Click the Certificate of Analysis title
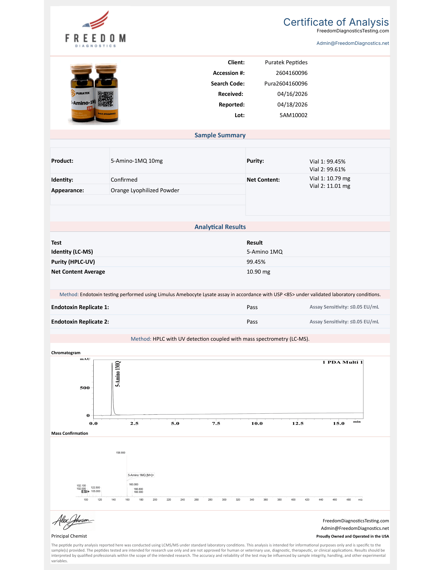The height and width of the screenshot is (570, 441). click(336, 22)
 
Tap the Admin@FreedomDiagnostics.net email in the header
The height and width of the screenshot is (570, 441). click(353, 43)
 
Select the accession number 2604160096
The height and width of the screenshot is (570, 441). click(291, 73)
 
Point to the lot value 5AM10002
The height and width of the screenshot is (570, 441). click(293, 115)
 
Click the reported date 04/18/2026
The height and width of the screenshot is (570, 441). click(292, 105)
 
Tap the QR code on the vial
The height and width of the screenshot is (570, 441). click(106, 99)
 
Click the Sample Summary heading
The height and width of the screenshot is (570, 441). click(220, 135)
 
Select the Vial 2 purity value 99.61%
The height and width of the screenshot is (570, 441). click(327, 169)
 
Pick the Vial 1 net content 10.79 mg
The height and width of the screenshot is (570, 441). click(330, 179)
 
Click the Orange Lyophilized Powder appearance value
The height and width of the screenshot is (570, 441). click(145, 190)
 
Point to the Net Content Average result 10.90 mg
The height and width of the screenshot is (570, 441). click(258, 272)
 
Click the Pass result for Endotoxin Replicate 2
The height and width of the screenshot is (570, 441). click(252, 322)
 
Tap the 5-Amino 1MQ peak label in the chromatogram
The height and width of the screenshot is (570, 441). click(118, 373)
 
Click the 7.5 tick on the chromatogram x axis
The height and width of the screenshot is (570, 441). click(216, 424)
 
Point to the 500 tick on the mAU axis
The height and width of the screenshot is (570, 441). click(85, 388)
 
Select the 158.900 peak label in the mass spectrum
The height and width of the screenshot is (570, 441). click(120, 453)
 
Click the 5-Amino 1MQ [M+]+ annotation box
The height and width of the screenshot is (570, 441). click(141, 475)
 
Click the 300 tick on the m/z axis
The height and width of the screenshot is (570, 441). click(224, 500)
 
